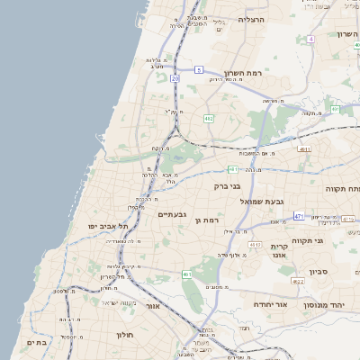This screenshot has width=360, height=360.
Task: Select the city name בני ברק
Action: [x=236, y=185]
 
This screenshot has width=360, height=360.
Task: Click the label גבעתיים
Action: [x=172, y=215]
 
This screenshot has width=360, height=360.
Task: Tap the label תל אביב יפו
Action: [x=105, y=225]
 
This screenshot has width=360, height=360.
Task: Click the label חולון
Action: [x=123, y=335]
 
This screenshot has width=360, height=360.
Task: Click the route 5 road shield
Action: [x=199, y=69]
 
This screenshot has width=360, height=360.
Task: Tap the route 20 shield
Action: [x=175, y=79]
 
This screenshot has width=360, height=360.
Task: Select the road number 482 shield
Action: [x=209, y=118]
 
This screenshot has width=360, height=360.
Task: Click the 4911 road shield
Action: [x=304, y=149]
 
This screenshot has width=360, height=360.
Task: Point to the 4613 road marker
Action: [x=256, y=245]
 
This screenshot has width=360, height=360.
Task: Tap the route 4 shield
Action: [x=310, y=39]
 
